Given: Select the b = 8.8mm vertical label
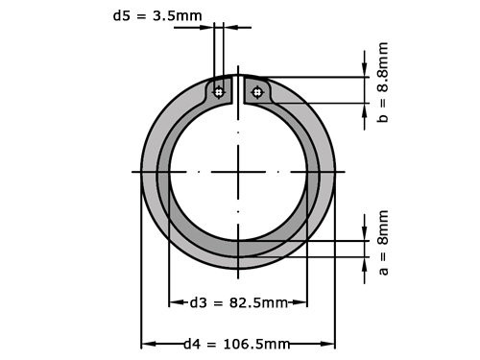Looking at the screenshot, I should click(x=382, y=82).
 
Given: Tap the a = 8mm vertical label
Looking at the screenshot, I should click(x=382, y=242).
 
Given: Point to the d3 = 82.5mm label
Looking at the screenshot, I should click(x=237, y=302).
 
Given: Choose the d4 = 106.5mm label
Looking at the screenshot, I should click(x=236, y=344).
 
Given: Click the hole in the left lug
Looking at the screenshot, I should click(x=219, y=92).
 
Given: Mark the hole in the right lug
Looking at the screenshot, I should click(x=256, y=92).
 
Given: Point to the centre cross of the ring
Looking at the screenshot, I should click(x=238, y=172).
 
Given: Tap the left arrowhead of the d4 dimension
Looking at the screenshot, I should click(x=146, y=344).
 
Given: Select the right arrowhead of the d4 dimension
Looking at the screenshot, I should click(x=330, y=344).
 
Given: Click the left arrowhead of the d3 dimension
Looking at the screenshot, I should click(x=174, y=302).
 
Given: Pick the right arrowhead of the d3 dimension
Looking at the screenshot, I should click(x=302, y=302).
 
